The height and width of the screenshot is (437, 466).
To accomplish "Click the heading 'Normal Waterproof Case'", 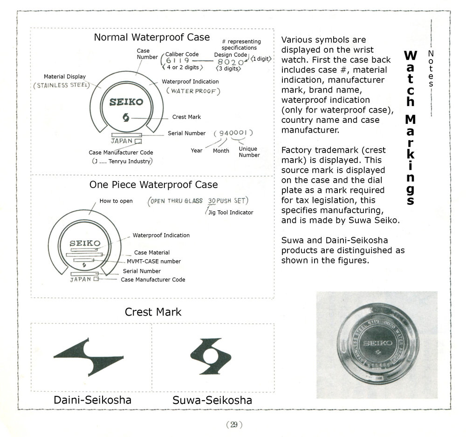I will [152, 37].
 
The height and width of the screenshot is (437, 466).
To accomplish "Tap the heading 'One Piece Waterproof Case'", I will [153, 185].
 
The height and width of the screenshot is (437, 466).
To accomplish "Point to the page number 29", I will [232, 424].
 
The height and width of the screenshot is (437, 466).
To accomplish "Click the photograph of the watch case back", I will [376, 345].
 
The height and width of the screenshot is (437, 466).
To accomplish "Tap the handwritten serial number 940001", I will [233, 134].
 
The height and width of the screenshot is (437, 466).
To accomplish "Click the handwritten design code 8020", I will [231, 62].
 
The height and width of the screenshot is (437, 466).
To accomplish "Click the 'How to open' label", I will [116, 201].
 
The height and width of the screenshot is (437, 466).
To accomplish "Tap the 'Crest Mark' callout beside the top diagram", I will [186, 117].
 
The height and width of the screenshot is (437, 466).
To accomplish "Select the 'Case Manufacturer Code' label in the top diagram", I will [121, 153].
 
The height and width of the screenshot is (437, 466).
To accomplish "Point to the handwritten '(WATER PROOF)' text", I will [192, 91].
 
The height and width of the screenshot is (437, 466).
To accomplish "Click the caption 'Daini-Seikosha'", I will [92, 400].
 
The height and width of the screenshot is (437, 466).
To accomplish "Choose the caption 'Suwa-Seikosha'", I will [212, 400].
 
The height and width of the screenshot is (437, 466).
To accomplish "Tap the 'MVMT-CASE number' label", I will [157, 262].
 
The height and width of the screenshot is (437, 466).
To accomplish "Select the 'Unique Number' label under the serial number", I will [249, 152].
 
